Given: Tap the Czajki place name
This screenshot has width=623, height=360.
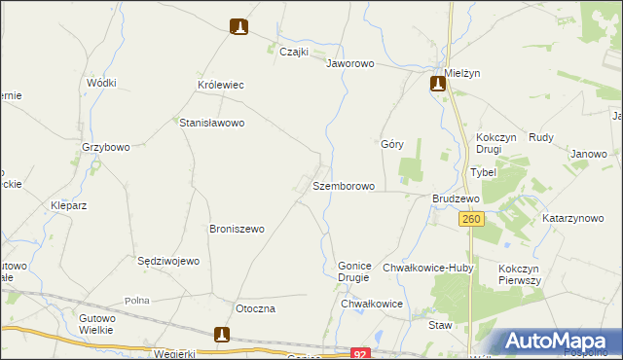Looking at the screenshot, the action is point(294,53).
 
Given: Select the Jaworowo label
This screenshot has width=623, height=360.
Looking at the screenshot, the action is point(350,63).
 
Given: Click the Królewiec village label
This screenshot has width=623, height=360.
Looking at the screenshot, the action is point(220,86).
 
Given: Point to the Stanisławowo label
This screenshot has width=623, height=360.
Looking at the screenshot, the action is point(211,124).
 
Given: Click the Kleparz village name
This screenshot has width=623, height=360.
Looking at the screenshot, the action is point(69,206).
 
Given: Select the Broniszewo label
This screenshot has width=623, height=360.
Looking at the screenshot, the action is point(238,230).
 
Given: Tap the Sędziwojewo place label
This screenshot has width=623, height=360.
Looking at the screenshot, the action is point(168,261).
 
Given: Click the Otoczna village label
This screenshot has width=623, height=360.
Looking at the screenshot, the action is point(256,308).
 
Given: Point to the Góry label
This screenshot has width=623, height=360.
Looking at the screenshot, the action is point(392,143).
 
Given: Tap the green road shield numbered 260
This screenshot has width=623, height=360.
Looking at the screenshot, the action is point(471,220).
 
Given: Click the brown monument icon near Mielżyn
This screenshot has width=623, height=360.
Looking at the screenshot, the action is point(438,84).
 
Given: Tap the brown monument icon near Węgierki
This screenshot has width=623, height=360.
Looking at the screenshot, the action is point(223,336).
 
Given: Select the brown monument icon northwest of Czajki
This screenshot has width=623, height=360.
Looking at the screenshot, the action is point(239,27).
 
